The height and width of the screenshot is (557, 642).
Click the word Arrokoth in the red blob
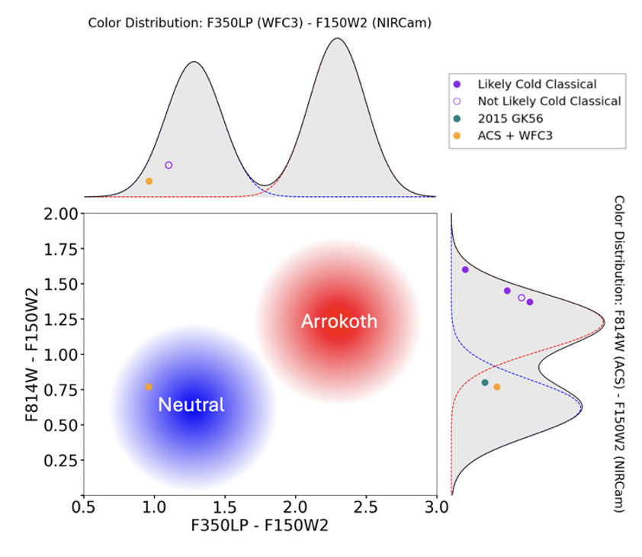(x=339, y=321)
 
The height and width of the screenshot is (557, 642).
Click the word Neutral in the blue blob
(x=191, y=405)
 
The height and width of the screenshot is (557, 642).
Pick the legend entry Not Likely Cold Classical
(x=549, y=101)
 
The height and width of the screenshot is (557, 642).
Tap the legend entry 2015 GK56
(x=510, y=118)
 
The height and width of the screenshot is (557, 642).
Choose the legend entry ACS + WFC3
(x=515, y=136)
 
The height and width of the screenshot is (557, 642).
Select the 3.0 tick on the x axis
(x=436, y=507)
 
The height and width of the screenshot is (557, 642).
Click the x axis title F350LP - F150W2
(x=259, y=526)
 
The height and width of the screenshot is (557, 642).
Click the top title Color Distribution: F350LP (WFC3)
(x=260, y=23)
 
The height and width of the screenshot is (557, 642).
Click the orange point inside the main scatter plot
(x=149, y=387)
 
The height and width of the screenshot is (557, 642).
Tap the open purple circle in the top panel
(x=169, y=165)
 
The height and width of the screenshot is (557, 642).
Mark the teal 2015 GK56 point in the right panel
(x=485, y=382)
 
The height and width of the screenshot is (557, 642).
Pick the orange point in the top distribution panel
(x=149, y=181)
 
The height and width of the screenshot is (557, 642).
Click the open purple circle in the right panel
(x=522, y=298)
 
